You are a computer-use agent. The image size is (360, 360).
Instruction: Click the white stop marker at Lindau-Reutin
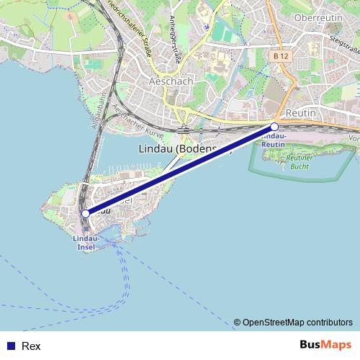coord(274,127)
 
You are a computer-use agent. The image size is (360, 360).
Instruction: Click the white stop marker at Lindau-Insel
coord(86,213)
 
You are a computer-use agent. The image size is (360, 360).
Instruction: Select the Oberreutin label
coord(319,17)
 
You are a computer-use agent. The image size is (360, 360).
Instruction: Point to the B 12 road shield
coord(282,55)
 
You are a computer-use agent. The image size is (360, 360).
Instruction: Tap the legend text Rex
coord(30,346)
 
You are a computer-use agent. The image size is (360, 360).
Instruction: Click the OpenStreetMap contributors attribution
coord(292,323)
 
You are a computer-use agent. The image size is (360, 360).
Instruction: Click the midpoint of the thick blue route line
coord(180,170)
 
